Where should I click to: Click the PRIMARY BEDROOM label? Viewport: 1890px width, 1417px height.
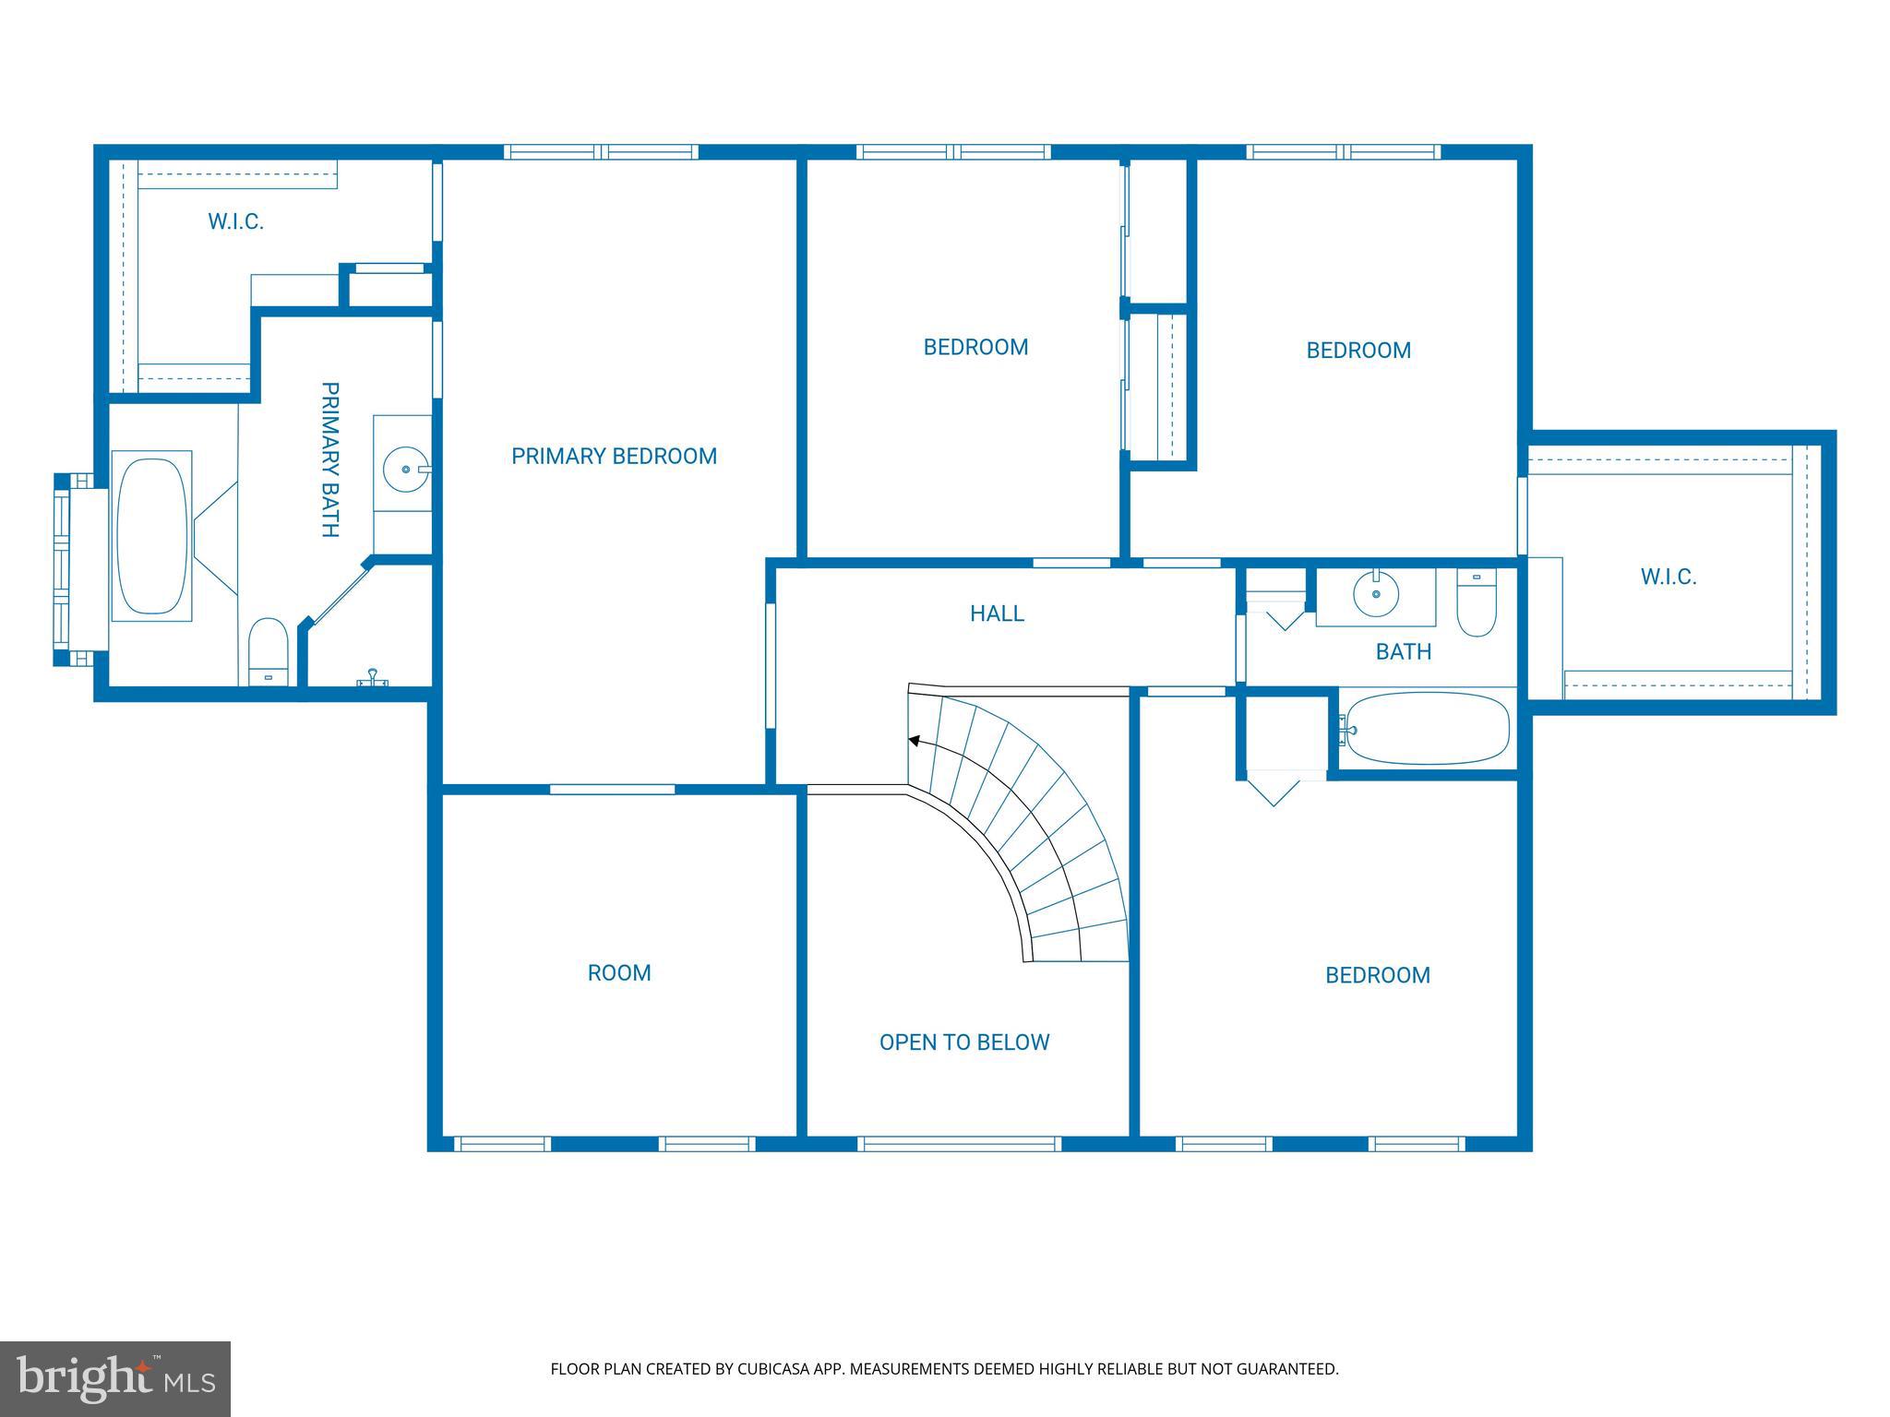(x=614, y=456)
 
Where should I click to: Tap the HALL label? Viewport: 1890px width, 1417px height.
(x=997, y=613)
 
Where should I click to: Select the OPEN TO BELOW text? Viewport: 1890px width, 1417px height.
(x=964, y=1042)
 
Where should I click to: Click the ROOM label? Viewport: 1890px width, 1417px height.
(x=619, y=973)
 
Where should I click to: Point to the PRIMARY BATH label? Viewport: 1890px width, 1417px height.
(x=329, y=459)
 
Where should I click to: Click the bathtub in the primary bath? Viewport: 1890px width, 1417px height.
(x=152, y=536)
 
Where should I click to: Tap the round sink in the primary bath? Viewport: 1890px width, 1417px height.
(x=406, y=470)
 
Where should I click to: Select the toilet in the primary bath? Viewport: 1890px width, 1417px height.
(x=269, y=651)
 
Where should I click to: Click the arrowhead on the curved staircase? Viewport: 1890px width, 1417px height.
(x=915, y=740)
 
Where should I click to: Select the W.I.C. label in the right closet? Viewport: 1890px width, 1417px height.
(x=1669, y=578)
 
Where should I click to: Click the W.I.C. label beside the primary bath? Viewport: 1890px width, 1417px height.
(x=236, y=221)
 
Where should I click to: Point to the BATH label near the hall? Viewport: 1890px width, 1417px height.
(x=1404, y=652)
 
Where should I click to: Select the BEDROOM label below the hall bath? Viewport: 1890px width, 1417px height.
(x=1378, y=975)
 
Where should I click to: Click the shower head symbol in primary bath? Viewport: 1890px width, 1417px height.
(x=373, y=678)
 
